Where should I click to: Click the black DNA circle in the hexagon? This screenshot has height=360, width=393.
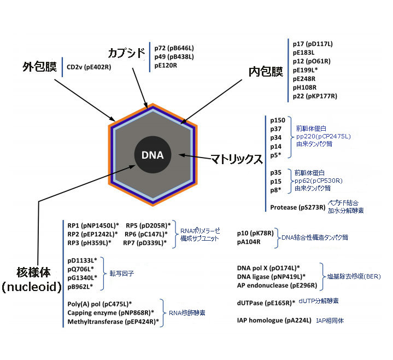coord(152,155)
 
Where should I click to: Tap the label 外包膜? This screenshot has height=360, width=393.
coord(39,67)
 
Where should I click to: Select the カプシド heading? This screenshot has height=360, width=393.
coord(127,53)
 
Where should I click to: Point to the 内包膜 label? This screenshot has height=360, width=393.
coord(266,72)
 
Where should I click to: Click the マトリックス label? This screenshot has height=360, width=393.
coord(236,159)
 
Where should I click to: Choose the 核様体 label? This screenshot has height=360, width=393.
coord(33,272)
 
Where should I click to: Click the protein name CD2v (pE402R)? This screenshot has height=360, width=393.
coord(89,67)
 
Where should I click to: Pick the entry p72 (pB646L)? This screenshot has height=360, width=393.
coord(174,48)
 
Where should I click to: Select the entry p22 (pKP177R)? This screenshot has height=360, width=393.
coord(315,96)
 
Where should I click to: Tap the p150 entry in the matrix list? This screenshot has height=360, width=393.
coord(278,120)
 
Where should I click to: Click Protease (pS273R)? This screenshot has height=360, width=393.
coord(298,207)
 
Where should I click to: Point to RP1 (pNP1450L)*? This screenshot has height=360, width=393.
coord(93,225)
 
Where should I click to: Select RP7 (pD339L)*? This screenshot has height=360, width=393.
coord(145,243)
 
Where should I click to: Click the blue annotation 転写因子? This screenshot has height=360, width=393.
coord(121,273)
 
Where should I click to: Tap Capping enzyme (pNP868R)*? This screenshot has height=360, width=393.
coord(110,313)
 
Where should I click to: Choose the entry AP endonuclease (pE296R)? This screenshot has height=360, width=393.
coord(277,286)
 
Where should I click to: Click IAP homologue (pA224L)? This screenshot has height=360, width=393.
coord(274,321)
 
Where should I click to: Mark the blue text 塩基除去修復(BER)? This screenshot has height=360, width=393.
coord(354,276)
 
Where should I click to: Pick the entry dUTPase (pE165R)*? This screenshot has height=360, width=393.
coord(266,303)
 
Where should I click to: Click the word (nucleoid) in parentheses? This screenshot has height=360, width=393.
coord(32,287)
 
